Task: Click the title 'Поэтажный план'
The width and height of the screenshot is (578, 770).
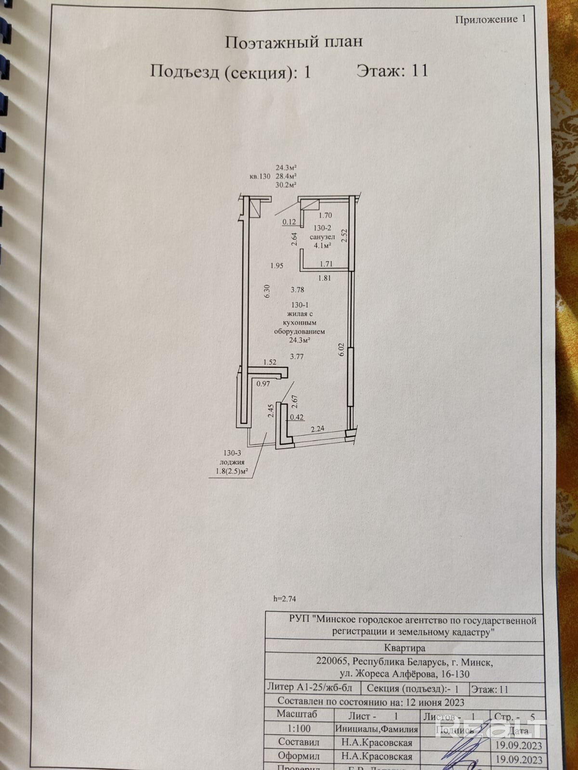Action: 294,42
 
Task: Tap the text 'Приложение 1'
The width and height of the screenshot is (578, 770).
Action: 490,19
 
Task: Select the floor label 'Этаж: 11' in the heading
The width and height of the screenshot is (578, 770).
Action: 392,71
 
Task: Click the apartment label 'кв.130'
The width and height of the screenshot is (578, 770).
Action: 260,177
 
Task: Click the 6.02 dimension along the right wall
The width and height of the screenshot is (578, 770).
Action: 342,349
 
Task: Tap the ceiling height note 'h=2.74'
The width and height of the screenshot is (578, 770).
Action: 284,599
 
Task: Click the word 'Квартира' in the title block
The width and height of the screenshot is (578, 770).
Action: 405,648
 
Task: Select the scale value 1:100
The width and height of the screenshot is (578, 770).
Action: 299,729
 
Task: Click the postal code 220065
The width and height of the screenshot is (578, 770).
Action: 331,661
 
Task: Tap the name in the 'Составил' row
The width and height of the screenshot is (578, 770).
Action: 377,743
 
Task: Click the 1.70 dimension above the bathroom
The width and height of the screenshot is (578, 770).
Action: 326,216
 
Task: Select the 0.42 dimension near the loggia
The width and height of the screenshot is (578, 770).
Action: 296,418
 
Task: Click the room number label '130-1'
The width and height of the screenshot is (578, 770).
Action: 300,305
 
